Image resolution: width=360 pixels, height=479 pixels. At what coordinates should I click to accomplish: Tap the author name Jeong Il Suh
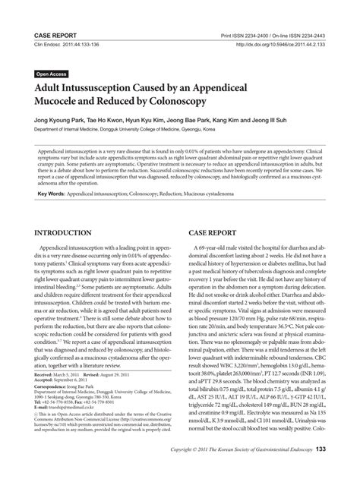pos(268,121)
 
